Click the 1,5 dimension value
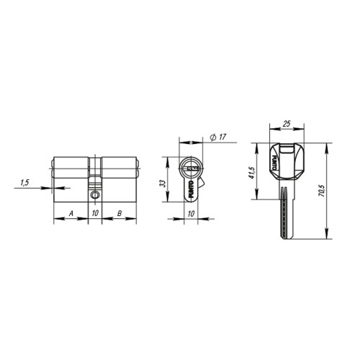tap(24, 183)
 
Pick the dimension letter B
tap(119, 213)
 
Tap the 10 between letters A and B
tap(95, 213)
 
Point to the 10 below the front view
tap(191, 213)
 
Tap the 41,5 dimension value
tap(253, 172)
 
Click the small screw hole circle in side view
tap(95, 195)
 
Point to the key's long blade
tap(287, 212)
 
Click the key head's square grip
tap(286, 160)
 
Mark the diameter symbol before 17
tap(215, 138)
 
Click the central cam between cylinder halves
tap(95, 180)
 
